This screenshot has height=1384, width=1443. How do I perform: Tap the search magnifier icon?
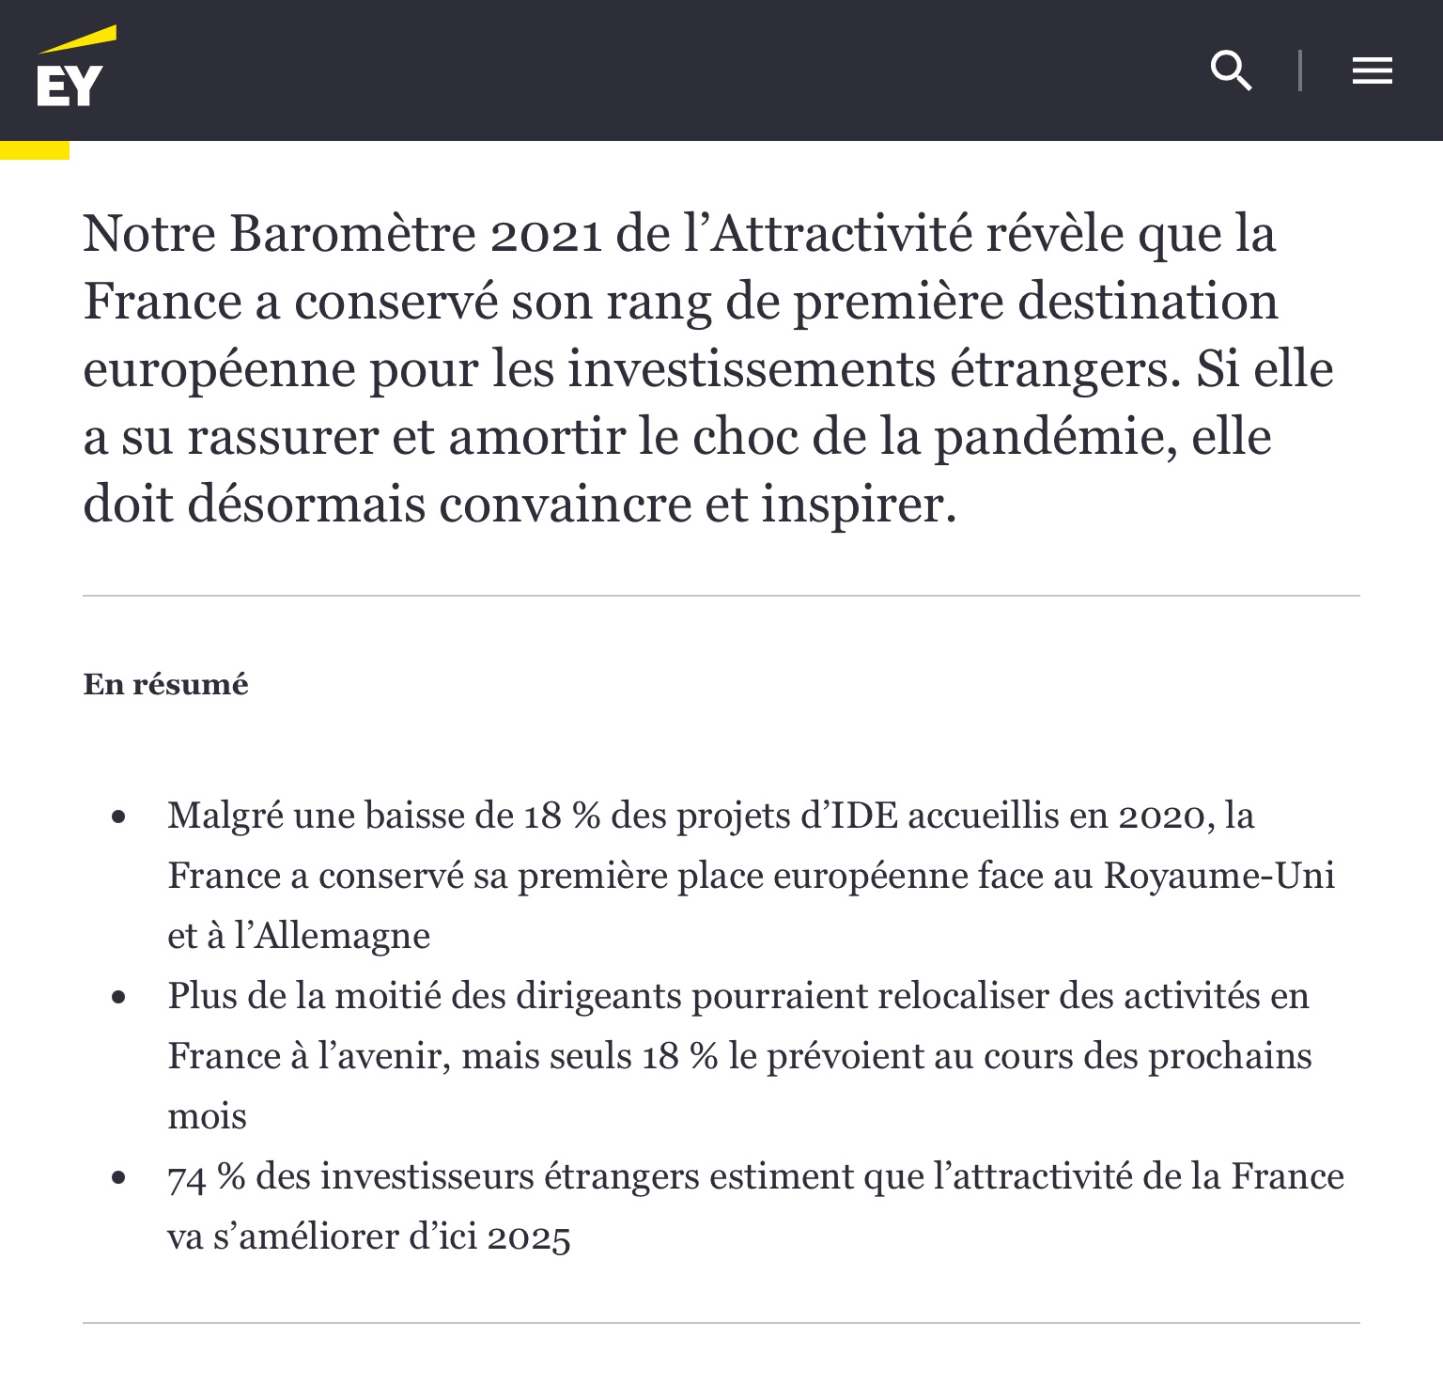(1231, 70)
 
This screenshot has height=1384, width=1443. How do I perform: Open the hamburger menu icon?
(1372, 70)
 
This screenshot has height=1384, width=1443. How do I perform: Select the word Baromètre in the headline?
(353, 235)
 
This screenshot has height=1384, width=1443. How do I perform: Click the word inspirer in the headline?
(857, 506)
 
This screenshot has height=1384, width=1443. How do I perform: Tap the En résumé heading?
(166, 684)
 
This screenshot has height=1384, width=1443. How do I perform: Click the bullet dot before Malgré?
(118, 816)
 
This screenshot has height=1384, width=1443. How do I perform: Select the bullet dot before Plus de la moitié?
(118, 997)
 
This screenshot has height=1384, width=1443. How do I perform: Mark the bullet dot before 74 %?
(118, 1177)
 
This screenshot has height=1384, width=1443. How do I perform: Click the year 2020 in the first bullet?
(1161, 816)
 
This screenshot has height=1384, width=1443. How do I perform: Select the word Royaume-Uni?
(1219, 876)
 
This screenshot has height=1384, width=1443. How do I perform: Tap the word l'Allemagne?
(332, 936)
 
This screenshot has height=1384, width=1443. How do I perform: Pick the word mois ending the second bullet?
(207, 1117)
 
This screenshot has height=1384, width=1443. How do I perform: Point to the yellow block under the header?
(35, 149)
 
